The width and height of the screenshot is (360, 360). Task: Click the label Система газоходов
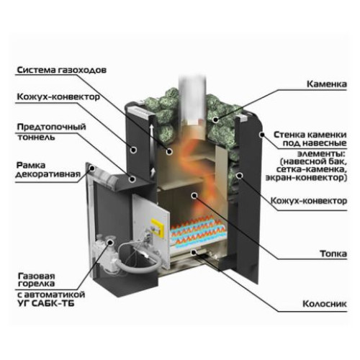[62, 70]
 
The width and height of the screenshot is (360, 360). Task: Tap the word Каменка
[327, 84]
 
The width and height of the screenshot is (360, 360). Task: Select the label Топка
[333, 253]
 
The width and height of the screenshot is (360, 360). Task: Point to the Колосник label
[325, 304]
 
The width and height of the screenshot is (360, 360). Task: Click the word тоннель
[36, 138]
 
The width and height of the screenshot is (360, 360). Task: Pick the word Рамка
[31, 166]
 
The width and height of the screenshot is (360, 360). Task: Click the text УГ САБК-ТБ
[46, 303]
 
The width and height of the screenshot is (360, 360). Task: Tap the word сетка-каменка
[312, 169]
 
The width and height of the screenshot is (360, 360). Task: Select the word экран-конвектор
[306, 178]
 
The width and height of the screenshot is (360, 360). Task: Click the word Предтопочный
[51, 127]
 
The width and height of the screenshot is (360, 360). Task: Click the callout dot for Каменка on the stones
[216, 120]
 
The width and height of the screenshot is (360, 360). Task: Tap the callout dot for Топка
[194, 195]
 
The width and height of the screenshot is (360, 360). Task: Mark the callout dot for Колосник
[194, 251]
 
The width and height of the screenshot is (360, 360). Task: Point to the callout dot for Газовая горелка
[110, 243]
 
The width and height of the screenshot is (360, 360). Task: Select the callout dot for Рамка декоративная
[92, 168]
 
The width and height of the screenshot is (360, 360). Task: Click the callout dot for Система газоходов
[169, 151]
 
